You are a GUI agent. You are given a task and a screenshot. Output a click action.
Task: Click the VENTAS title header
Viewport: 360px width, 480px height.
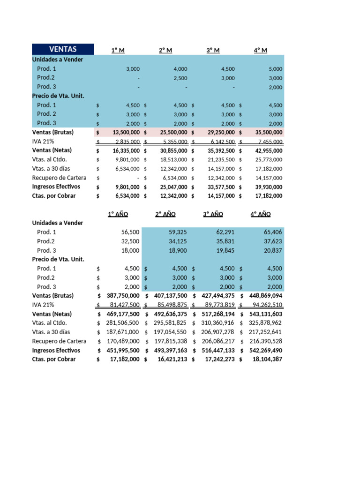click(x=63, y=49)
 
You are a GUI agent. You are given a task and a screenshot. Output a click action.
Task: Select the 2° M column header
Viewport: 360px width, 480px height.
click(x=165, y=50)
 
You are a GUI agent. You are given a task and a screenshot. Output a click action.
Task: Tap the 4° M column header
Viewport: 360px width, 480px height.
click(x=260, y=50)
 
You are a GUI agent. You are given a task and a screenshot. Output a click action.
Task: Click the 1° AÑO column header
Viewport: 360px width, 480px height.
click(x=118, y=214)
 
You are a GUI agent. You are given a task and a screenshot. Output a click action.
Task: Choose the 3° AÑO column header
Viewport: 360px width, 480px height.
click(x=213, y=214)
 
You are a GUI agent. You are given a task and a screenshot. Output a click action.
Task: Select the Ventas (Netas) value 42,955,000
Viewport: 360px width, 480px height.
click(x=265, y=151)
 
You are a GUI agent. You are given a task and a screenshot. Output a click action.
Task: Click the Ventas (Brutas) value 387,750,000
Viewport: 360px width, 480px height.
click(x=120, y=296)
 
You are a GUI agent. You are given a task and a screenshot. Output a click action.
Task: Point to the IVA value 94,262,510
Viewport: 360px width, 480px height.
click(x=264, y=305)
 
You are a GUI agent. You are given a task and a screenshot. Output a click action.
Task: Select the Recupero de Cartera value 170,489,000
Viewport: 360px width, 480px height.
click(x=123, y=341)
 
